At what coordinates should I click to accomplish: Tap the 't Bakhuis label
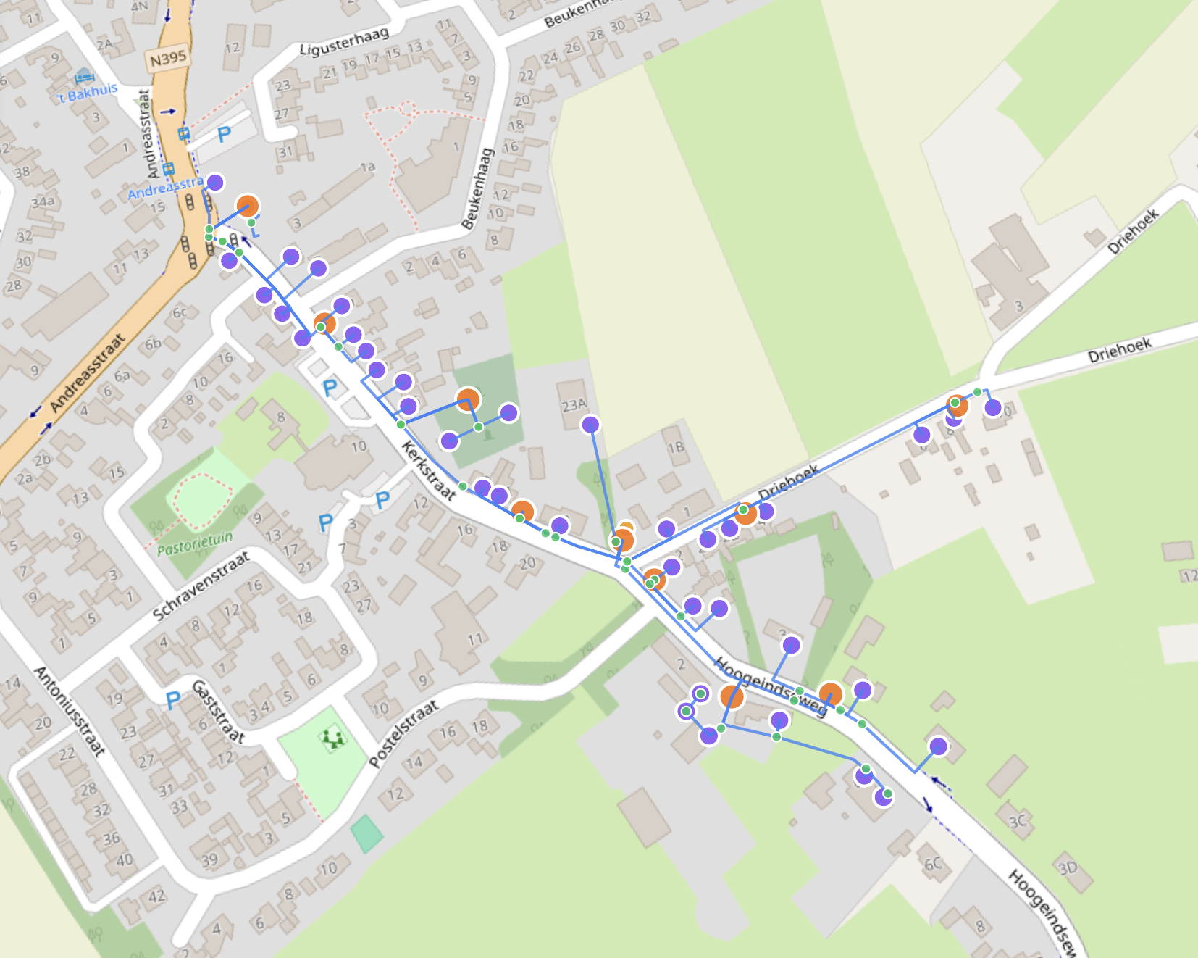[x=88, y=92]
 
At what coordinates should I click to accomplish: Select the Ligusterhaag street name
[x=344, y=41]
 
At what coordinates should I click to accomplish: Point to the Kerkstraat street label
[x=429, y=471]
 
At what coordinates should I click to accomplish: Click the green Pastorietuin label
[x=195, y=543]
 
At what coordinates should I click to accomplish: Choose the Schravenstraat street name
[x=201, y=586]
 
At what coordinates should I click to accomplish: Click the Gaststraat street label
[x=217, y=712]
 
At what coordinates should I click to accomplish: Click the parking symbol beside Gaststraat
[x=172, y=700]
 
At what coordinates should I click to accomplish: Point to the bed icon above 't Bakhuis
[x=84, y=76]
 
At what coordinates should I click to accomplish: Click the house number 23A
[x=574, y=405]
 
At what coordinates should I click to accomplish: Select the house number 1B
[x=676, y=448]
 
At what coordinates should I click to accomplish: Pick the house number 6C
[x=933, y=863]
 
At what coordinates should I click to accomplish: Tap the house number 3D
[x=1068, y=867]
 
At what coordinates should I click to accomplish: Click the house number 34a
[x=43, y=201]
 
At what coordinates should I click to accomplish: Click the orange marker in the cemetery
[x=468, y=399]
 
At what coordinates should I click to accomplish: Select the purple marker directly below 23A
[x=590, y=425]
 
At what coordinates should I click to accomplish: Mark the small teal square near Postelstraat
[x=366, y=833]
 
